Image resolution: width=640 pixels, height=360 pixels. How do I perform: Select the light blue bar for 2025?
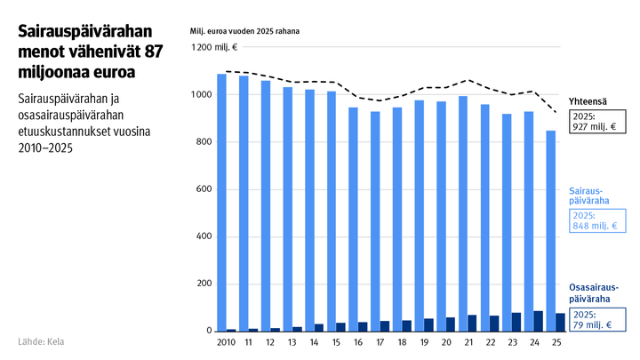point(552,231)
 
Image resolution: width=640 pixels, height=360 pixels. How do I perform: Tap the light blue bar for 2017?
point(375,221)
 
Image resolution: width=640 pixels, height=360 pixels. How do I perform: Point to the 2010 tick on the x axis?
point(226,341)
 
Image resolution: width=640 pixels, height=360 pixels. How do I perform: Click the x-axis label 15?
point(336,341)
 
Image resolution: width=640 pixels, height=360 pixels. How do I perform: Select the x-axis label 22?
point(491,341)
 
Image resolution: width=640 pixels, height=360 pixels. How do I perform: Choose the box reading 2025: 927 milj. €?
point(596,121)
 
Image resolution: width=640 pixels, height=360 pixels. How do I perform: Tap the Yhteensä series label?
point(588,101)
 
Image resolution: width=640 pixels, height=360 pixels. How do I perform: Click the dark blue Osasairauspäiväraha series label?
point(594,292)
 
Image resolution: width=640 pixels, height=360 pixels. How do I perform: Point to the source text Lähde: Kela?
point(41,341)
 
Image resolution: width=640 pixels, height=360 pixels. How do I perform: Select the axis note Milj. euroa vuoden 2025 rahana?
point(245,31)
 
